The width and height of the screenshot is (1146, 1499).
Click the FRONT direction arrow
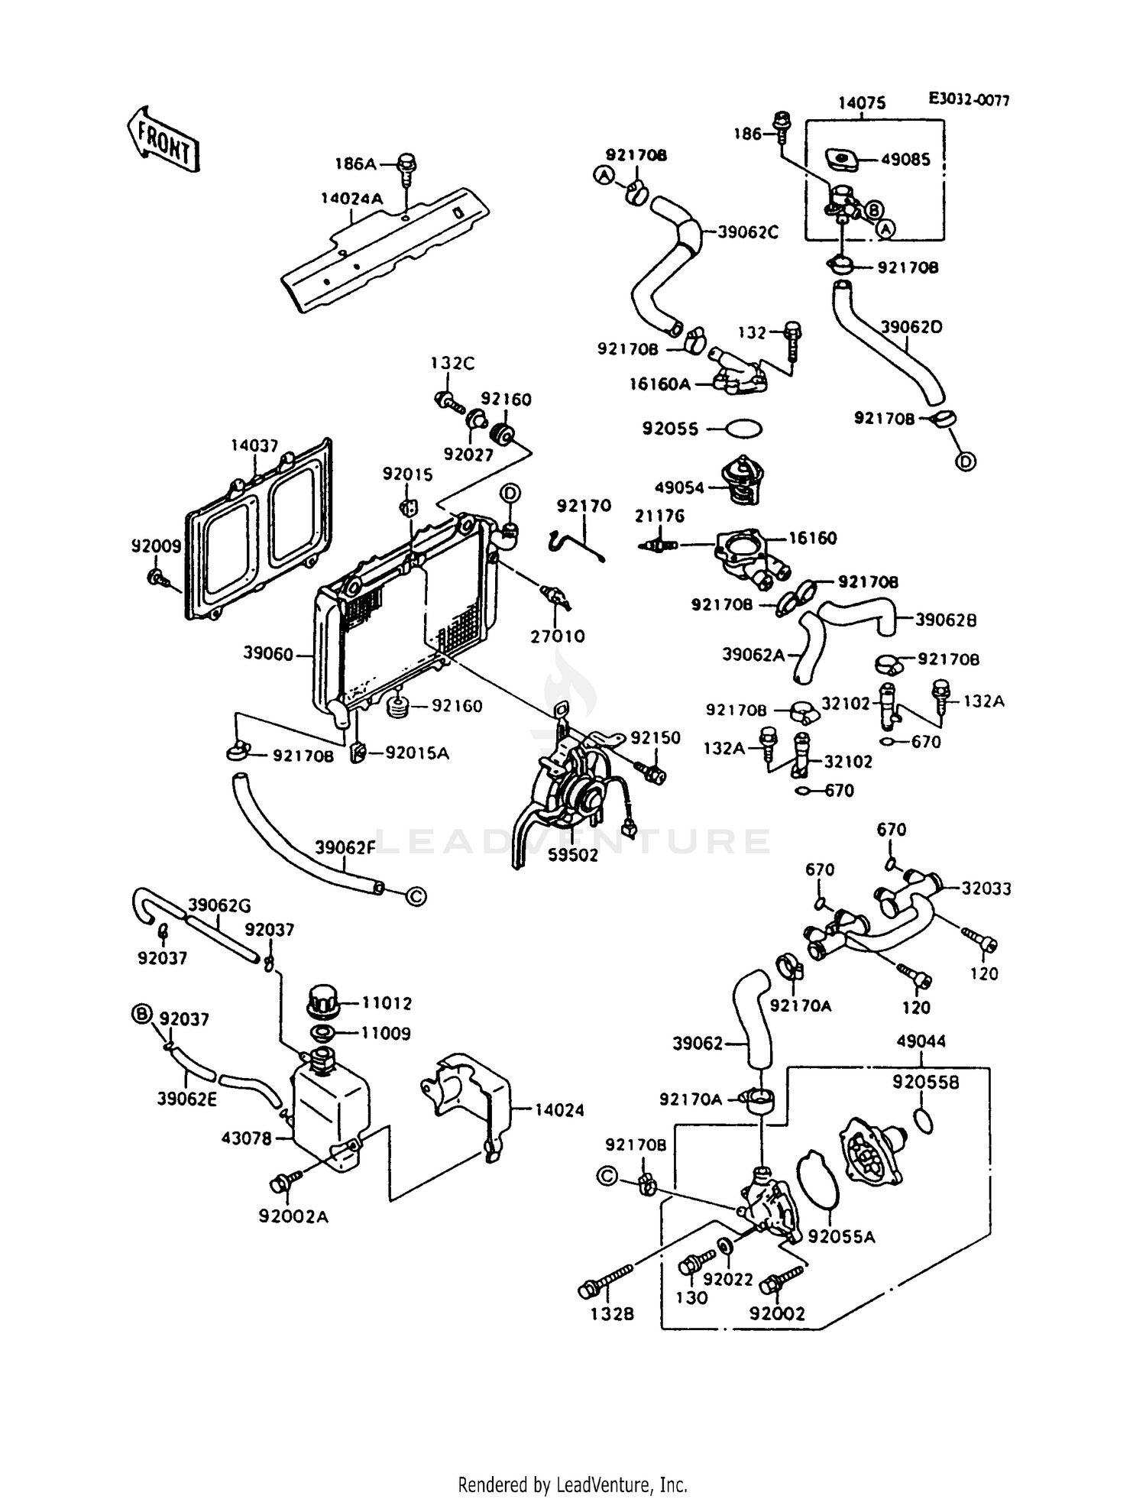click(163, 138)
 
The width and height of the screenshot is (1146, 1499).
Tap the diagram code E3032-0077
click(968, 100)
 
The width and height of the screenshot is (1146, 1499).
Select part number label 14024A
click(351, 199)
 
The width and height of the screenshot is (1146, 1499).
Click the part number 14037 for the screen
click(254, 445)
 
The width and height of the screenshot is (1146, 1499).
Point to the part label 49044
click(921, 1041)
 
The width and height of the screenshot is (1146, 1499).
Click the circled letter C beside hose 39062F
click(415, 895)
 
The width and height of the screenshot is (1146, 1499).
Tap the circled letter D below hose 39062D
click(966, 461)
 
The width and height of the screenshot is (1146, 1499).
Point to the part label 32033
click(986, 889)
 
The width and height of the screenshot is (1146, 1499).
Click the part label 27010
click(559, 636)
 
